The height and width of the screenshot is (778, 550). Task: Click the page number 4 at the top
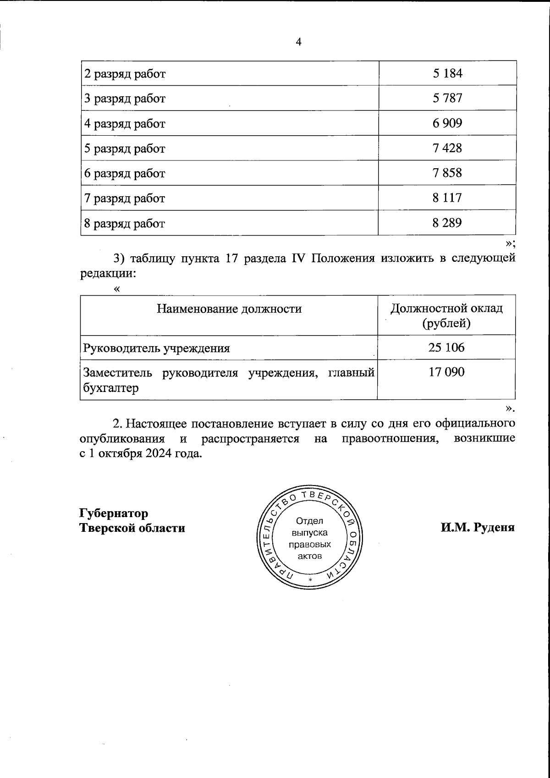click(299, 42)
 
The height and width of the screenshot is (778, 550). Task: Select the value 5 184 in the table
click(447, 73)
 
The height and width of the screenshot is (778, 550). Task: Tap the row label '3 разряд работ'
click(125, 99)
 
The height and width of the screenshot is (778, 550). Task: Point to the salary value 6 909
click(447, 123)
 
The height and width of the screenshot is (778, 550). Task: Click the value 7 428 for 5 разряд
click(447, 148)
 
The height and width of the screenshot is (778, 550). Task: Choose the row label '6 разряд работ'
click(125, 173)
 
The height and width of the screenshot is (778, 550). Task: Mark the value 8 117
click(447, 198)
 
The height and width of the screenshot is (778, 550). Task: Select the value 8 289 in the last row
click(447, 223)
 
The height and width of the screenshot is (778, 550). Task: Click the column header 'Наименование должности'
click(229, 309)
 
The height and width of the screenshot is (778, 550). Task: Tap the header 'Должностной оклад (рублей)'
click(447, 315)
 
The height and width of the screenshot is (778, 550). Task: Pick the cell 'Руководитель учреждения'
click(156, 348)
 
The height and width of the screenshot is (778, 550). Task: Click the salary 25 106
click(446, 348)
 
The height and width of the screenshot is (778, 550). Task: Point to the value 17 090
click(446, 372)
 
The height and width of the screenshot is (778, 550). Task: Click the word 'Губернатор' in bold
click(115, 513)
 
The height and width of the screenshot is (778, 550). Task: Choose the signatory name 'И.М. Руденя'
click(478, 527)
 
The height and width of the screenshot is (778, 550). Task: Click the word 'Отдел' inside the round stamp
click(310, 521)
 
